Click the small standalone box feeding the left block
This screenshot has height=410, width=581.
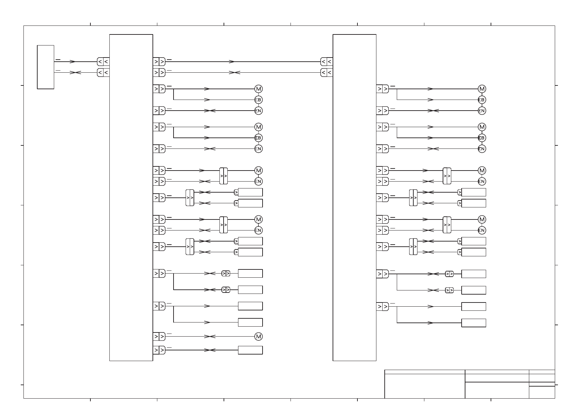click(x=46, y=67)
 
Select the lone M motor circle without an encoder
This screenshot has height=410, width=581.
click(x=258, y=336)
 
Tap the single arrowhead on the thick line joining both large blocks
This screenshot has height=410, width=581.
click(x=232, y=62)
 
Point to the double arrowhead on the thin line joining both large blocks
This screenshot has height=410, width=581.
click(x=235, y=73)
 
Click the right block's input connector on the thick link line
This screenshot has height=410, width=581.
click(x=326, y=62)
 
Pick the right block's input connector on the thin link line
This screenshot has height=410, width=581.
click(x=326, y=73)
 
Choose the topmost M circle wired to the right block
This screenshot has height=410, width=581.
click(x=482, y=89)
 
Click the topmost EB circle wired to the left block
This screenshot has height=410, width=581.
click(x=258, y=100)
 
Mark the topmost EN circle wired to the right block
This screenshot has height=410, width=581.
click(x=482, y=111)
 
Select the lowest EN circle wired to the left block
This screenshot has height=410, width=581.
click(x=258, y=230)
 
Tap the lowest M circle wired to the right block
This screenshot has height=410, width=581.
click(x=482, y=219)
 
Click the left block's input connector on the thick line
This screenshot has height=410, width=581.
click(x=103, y=62)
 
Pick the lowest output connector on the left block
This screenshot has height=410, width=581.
click(x=159, y=350)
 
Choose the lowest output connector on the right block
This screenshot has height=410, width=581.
click(x=383, y=306)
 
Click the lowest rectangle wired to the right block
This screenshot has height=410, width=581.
click(x=474, y=323)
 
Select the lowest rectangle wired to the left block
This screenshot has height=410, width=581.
click(x=250, y=350)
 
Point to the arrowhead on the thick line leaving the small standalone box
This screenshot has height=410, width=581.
click(x=72, y=62)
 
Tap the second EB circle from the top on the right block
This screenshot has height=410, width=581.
click(x=482, y=138)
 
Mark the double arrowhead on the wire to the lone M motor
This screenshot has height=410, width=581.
click(x=210, y=336)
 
